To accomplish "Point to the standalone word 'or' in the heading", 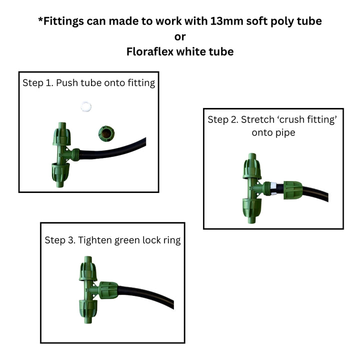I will pos(180,36).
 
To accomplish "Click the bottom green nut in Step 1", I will pos(60,172).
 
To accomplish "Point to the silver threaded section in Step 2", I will pos(273,188).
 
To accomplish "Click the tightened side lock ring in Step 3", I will pos(108,290).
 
